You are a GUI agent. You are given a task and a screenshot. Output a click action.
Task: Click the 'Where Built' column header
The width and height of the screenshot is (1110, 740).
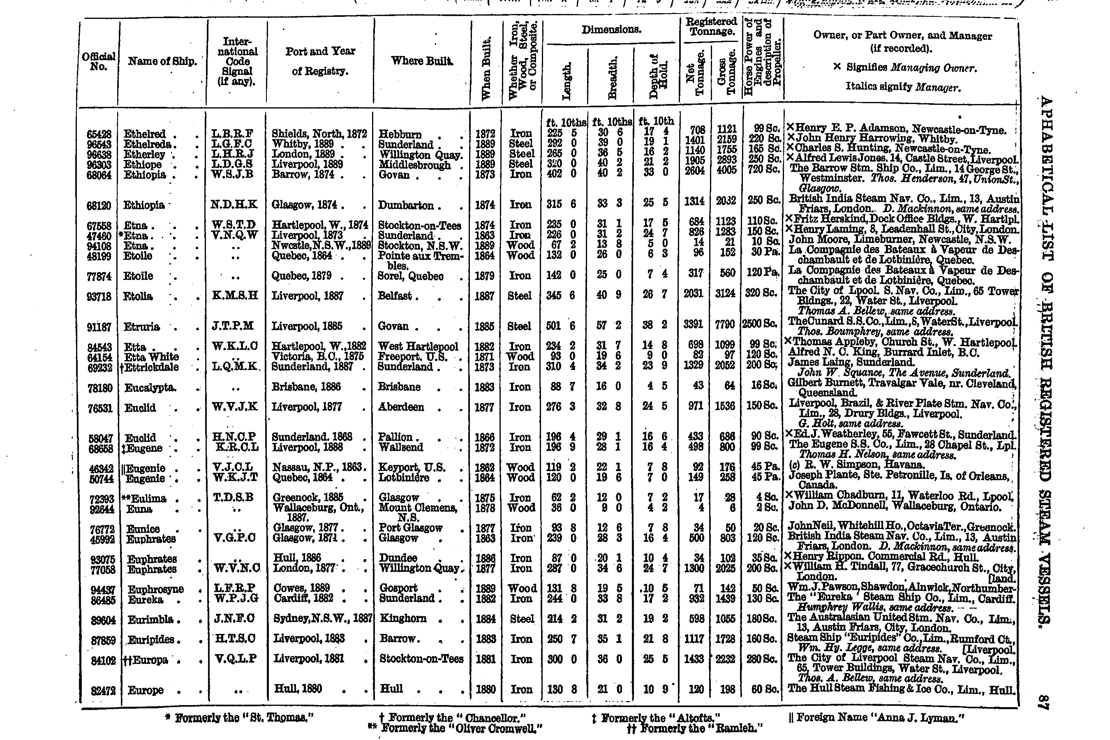(421, 61)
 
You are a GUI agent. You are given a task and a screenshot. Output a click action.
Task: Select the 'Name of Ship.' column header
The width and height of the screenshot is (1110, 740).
(162, 61)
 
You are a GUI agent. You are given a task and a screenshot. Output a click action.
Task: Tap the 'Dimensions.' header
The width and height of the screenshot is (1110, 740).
(611, 30)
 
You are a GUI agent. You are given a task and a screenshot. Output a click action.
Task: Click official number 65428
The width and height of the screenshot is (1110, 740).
(99, 134)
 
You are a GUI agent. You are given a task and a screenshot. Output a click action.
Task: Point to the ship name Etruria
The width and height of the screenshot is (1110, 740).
(141, 326)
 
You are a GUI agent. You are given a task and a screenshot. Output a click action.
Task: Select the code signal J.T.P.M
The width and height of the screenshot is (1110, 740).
(236, 326)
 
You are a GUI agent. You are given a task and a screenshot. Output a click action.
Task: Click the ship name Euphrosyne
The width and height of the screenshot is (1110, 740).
(156, 590)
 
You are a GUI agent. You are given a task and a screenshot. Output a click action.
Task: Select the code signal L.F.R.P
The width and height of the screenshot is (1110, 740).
(235, 588)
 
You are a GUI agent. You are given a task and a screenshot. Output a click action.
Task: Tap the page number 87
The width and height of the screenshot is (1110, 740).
(1043, 702)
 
